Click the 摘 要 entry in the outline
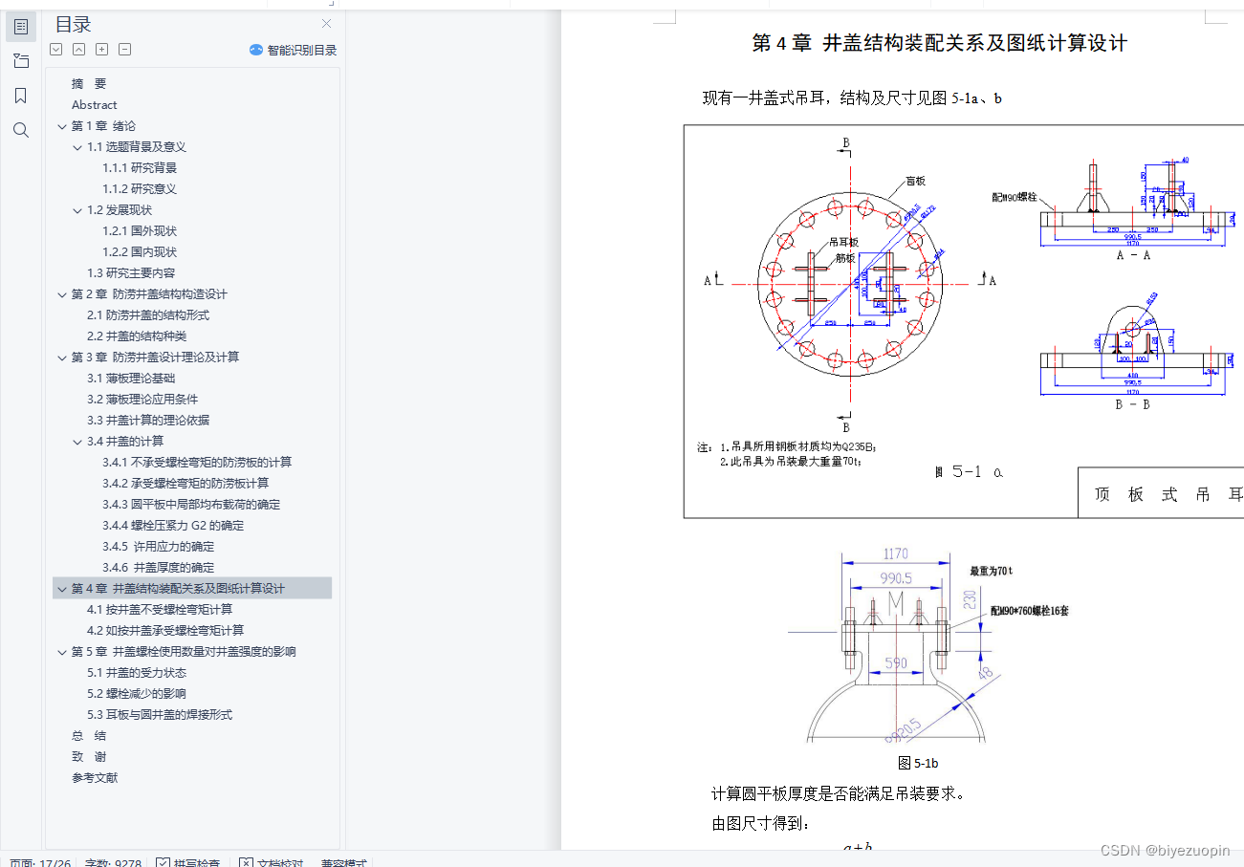(89, 84)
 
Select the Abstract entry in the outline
(94, 105)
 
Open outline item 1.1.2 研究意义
(140, 189)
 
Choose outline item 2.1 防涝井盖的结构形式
(148, 315)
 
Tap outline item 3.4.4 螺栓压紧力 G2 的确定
(173, 526)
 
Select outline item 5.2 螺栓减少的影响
(137, 694)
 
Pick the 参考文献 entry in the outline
(95, 778)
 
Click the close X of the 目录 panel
(327, 24)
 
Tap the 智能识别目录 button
(294, 50)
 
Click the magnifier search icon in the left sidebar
(21, 130)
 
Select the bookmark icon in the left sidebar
(21, 96)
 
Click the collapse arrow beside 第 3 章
(62, 358)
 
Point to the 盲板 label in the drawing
(915, 182)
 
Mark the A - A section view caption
(1133, 255)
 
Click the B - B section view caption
(1133, 403)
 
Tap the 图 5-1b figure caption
(918, 763)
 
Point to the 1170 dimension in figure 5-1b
(896, 553)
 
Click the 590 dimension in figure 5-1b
(895, 662)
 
